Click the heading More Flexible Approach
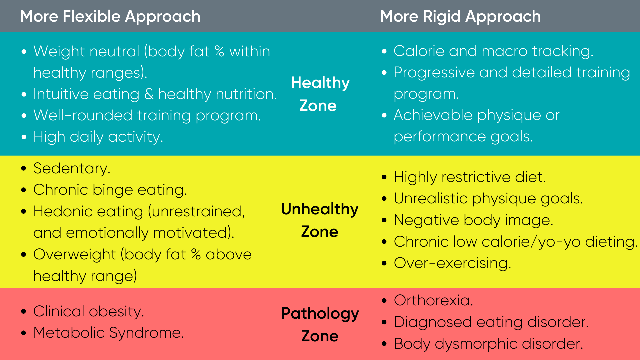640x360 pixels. click(110, 17)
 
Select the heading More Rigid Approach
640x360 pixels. click(460, 17)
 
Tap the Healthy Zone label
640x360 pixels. click(320, 94)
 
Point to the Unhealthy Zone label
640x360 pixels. click(320, 220)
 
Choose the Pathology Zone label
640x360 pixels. click(320, 324)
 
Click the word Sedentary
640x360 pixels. click(72, 168)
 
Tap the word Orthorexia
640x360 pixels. click(433, 300)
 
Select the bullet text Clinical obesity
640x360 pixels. click(89, 311)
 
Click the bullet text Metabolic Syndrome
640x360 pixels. click(109, 333)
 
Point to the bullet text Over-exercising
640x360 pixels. click(452, 263)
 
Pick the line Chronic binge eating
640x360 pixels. click(110, 190)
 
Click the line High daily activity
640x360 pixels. click(98, 137)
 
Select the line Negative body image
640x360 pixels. click(473, 220)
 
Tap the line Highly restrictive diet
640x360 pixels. click(470, 177)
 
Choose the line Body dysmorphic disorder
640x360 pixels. click(488, 344)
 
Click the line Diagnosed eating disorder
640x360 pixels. click(491, 322)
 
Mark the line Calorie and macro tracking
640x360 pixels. click(493, 51)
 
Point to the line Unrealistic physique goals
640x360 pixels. click(488, 199)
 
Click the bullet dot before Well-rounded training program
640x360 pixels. click(24, 116)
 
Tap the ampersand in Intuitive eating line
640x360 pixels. click(149, 94)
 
